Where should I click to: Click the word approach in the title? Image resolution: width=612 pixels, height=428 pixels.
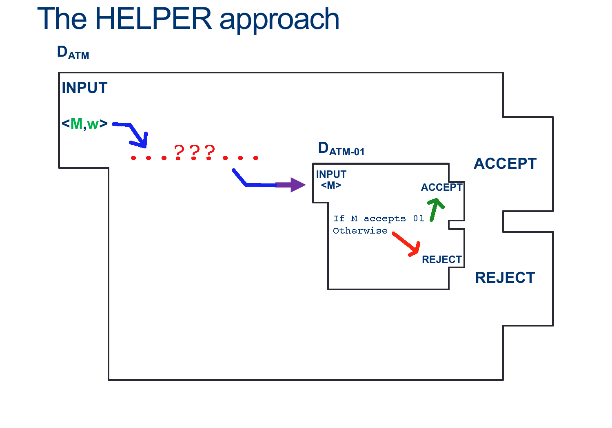tap(279, 20)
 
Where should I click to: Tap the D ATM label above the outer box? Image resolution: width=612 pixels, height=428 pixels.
tap(73, 53)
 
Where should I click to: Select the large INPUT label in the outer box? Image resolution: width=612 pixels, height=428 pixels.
tap(84, 88)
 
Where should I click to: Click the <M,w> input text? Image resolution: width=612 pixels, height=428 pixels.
tap(84, 124)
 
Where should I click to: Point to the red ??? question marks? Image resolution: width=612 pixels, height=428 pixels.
tap(195, 152)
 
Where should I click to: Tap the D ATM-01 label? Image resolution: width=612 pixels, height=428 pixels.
tap(341, 149)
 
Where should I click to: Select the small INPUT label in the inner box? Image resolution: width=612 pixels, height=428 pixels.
tap(331, 174)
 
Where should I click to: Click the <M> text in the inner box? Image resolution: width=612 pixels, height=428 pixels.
tap(331, 185)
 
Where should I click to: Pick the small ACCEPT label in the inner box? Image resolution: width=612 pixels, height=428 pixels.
tap(441, 188)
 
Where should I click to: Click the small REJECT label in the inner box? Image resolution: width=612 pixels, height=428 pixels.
tap(441, 260)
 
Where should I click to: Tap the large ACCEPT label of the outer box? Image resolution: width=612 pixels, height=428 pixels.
tap(505, 164)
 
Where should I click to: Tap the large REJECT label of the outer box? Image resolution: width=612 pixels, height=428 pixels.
tap(505, 278)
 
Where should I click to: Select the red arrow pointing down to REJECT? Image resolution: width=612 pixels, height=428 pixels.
tap(407, 244)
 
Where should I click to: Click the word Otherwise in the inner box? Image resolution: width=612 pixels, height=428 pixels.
tap(360, 231)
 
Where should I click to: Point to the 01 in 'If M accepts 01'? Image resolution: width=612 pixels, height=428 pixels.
tap(419, 218)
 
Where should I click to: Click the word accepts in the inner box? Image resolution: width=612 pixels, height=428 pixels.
tap(385, 219)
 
